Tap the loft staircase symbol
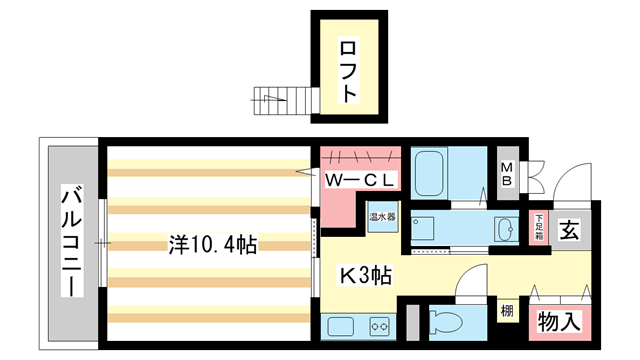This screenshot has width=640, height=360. point(273,99)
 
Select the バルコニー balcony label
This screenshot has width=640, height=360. point(71,240)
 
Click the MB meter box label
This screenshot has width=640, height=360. point(508,174)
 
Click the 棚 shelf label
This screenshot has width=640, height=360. point(508,312)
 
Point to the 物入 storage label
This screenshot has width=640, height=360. point(560,322)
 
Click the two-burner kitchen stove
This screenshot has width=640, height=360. point(379,325)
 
